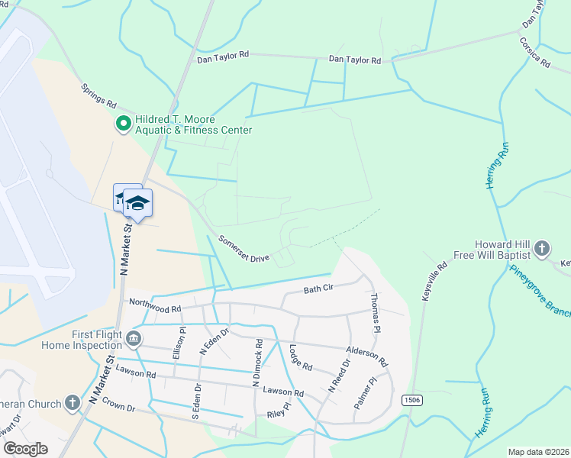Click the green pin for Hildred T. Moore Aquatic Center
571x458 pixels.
click(x=122, y=124)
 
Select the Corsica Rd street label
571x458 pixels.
click(x=534, y=53)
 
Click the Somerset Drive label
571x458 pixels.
click(x=244, y=249)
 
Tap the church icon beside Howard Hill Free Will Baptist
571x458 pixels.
click(x=541, y=248)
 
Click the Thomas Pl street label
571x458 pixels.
click(x=374, y=313)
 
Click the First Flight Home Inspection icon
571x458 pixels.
click(x=134, y=338)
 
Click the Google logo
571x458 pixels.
click(x=26, y=448)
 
